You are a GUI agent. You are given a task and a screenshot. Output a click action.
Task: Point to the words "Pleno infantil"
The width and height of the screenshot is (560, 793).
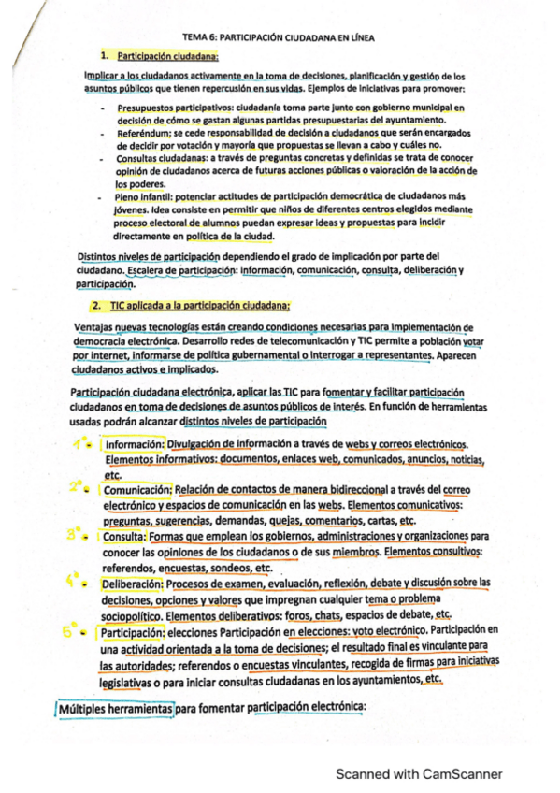point(146,197)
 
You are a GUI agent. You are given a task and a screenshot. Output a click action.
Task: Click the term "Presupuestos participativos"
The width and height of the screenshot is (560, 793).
point(175,108)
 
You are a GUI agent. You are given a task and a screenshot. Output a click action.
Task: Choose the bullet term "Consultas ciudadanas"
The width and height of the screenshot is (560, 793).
point(159,159)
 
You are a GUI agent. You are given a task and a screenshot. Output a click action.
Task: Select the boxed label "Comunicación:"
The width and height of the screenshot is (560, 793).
point(136,489)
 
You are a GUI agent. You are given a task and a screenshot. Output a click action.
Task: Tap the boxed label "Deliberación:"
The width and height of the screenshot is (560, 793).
point(136,584)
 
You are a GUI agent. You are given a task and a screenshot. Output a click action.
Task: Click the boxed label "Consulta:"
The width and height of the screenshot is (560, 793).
point(123,537)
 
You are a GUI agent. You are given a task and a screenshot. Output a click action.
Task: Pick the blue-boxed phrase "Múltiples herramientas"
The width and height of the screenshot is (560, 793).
point(116,709)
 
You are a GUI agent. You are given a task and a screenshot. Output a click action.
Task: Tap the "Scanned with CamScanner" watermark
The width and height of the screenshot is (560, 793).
point(419,773)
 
